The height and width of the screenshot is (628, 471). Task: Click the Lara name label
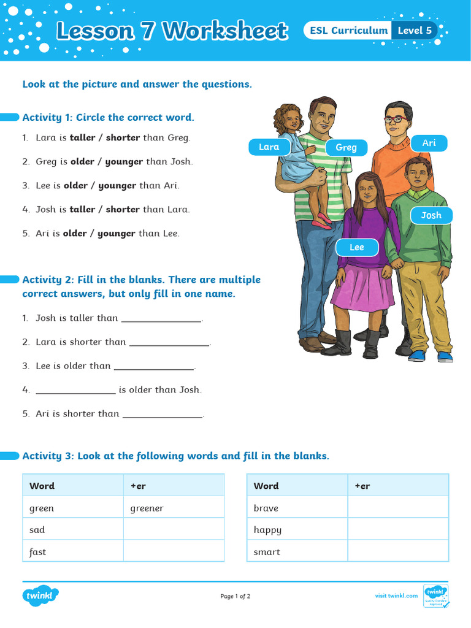(x=269, y=147)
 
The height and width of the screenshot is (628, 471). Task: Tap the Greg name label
(x=346, y=147)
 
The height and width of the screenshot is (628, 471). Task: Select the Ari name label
(x=429, y=143)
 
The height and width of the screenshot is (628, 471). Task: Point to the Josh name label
(x=431, y=215)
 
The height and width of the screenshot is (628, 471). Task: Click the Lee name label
(x=356, y=247)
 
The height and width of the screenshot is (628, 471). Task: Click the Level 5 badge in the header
(x=415, y=30)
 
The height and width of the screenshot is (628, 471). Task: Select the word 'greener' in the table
(x=147, y=508)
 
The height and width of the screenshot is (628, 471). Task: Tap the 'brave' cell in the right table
(x=266, y=508)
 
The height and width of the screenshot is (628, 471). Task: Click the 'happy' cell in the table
(x=267, y=530)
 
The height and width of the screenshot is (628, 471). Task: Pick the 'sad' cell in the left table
(x=37, y=530)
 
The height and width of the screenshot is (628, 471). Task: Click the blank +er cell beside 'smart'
(x=398, y=551)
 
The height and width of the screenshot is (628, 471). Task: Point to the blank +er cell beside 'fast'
(x=174, y=551)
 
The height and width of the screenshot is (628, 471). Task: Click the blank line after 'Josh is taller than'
(x=161, y=319)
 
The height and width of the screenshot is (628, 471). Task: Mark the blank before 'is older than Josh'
(x=75, y=391)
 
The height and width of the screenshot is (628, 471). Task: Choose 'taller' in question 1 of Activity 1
(x=82, y=138)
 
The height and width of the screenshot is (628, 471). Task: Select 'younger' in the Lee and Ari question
(x=117, y=186)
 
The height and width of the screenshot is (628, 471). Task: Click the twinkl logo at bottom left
(x=40, y=595)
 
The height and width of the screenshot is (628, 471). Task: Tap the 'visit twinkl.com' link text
(x=396, y=595)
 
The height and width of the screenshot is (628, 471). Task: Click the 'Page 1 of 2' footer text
(x=235, y=596)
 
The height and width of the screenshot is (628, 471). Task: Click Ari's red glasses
(x=394, y=119)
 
